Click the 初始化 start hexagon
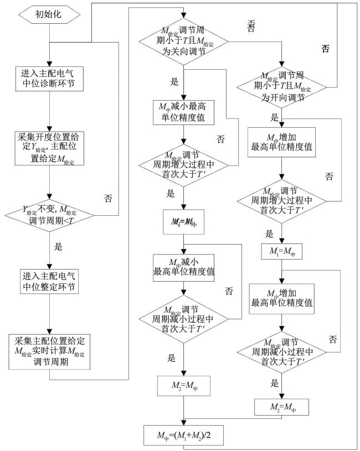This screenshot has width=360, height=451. point(49,14)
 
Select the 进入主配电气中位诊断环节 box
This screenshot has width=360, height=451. point(49,79)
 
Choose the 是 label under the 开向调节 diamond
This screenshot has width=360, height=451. point(274,118)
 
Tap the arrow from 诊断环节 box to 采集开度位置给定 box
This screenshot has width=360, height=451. point(49,112)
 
